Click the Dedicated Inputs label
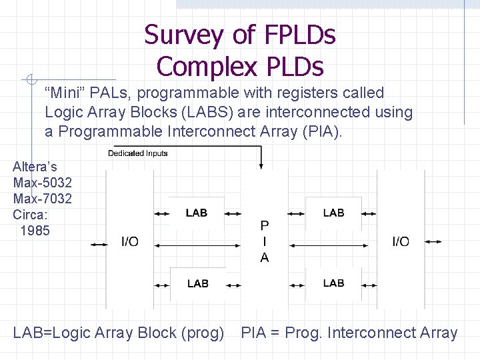point(138,153)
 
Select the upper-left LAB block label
point(197,213)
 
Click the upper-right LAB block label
point(333,213)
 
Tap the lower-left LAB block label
point(197,283)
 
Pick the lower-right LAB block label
point(333,283)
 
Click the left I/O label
point(129,241)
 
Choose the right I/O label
point(401,241)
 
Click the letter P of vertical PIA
point(265,226)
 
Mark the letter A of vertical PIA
point(265,257)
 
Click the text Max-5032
point(43,182)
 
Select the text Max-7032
point(43,199)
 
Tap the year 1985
point(35,231)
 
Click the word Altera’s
point(35,166)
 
